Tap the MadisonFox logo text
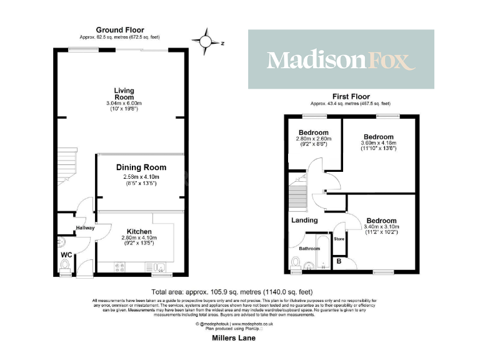click(341, 60)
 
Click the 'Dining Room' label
click(141, 167)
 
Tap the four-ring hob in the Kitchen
click(121, 267)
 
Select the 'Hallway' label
click(85, 228)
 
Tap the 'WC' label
click(67, 255)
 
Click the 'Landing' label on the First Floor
click(304, 220)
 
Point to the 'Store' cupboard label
click(339, 239)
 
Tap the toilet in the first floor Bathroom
click(296, 262)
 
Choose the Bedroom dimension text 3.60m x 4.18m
click(379, 143)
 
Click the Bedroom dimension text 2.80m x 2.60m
click(314, 138)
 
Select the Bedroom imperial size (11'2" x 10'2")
click(381, 232)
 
